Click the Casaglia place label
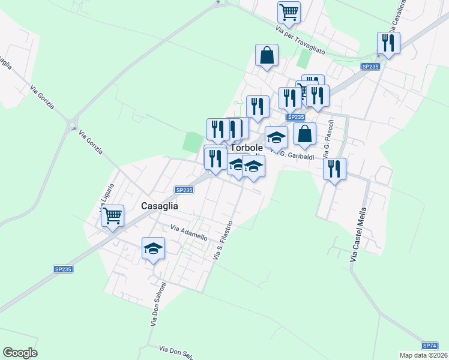coord(159,205)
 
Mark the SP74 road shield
coord(429,346)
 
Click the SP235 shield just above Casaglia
coord(184,190)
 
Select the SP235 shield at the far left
coord(62,269)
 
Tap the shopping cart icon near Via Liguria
coord(112,215)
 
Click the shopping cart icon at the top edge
coord(289,11)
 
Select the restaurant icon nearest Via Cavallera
coord(388,43)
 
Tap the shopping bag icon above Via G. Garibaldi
coord(304,134)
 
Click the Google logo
coord(20,353)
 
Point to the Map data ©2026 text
coord(424,355)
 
